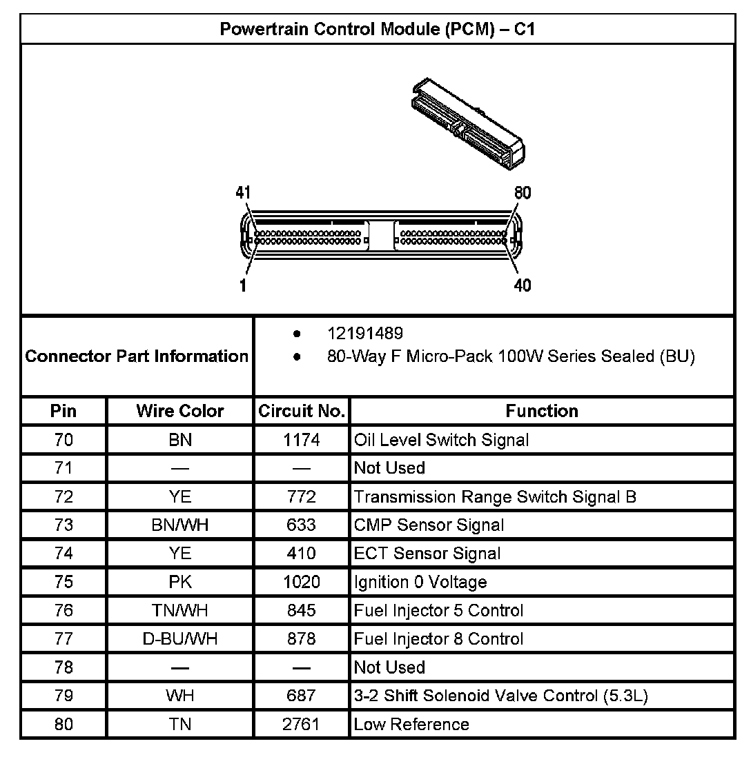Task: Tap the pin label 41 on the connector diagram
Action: click(x=243, y=193)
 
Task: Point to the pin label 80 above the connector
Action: click(x=523, y=193)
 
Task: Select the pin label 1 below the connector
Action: click(x=244, y=285)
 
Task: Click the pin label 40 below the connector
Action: click(x=523, y=285)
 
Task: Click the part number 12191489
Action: click(x=365, y=334)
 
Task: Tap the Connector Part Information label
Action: click(x=137, y=356)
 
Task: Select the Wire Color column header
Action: click(x=180, y=411)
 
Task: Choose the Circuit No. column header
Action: click(x=302, y=411)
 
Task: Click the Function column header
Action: click(x=542, y=411)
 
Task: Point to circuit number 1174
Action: click(x=302, y=440)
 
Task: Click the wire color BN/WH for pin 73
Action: click(x=180, y=525)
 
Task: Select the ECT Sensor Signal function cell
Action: click(x=427, y=554)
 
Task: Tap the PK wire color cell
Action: click(x=180, y=582)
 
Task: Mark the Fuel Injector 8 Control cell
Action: click(x=438, y=639)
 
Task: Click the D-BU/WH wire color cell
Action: click(x=180, y=639)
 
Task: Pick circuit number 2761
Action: click(x=302, y=725)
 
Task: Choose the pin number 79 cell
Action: click(x=64, y=696)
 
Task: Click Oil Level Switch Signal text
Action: click(x=441, y=440)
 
